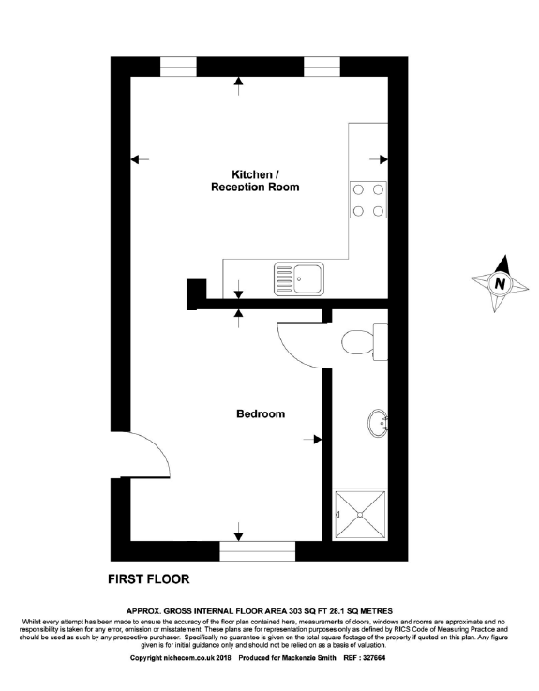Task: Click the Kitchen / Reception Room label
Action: click(254, 181)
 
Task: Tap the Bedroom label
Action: click(260, 413)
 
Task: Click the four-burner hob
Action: click(368, 200)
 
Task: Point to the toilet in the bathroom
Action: click(363, 342)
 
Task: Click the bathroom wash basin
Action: click(379, 423)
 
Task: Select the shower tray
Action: click(360, 513)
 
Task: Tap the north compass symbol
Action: click(500, 282)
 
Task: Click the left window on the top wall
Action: click(178, 66)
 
